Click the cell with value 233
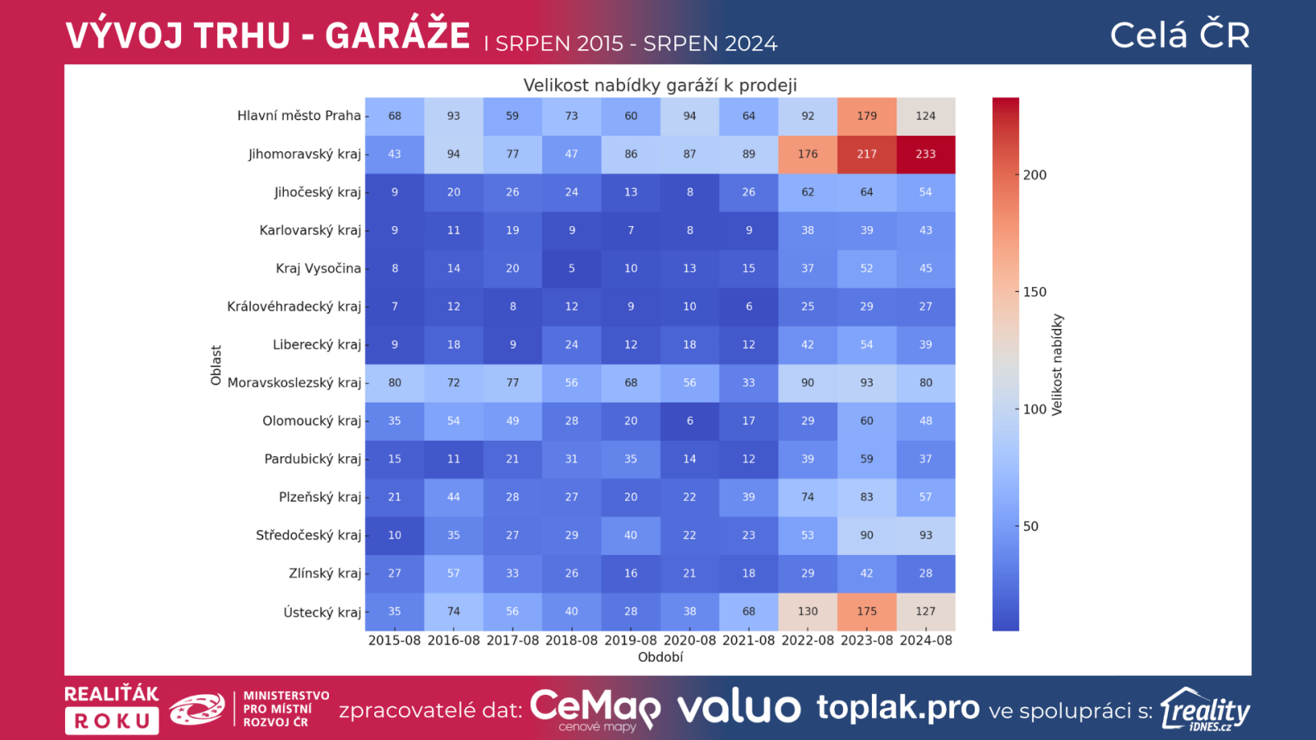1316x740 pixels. (925, 154)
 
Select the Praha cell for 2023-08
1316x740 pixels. (867, 116)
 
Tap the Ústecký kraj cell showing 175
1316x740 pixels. (867, 612)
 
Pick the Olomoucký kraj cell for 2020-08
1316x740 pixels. (689, 421)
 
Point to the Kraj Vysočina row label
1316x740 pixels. (318, 269)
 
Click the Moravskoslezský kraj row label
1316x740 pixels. (294, 383)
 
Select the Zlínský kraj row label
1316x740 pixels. (324, 574)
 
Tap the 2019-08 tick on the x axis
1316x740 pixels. (631, 641)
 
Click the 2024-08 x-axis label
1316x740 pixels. (925, 641)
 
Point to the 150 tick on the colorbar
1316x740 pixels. (1035, 292)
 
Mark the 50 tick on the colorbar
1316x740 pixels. (1031, 526)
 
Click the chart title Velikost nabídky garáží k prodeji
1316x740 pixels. (660, 86)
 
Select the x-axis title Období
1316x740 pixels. (660, 657)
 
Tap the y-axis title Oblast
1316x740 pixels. (216, 365)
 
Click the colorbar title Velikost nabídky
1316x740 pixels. (1058, 364)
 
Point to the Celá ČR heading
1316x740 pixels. (1179, 35)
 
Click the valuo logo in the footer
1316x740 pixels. (739, 708)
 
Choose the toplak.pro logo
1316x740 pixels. (897, 708)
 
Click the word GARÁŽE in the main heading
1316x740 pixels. (397, 36)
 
